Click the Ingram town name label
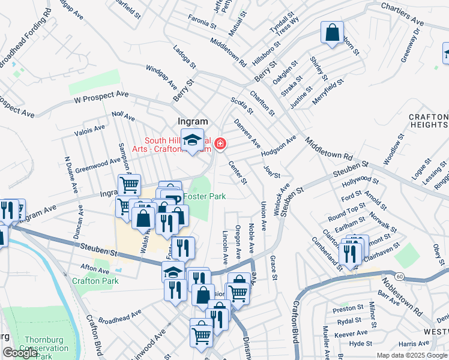tap(192, 121)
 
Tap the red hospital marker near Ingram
tap(220, 143)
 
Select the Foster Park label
tap(204, 196)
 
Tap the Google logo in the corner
tap(20, 353)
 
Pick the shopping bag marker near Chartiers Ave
tap(332, 34)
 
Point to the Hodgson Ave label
tap(279, 147)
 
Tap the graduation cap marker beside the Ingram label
tap(192, 142)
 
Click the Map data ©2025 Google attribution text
tap(412, 355)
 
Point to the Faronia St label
tap(200, 23)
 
